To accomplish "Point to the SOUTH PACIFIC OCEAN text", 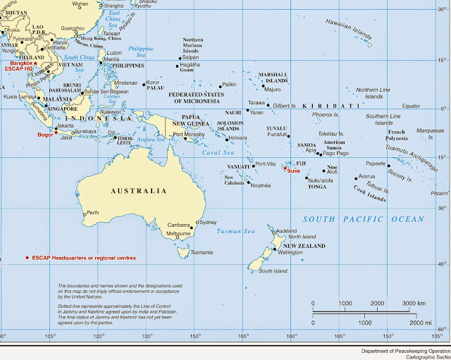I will pos(364,220).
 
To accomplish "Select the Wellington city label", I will pos(290,252).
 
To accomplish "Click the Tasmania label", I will pos(202,252).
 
